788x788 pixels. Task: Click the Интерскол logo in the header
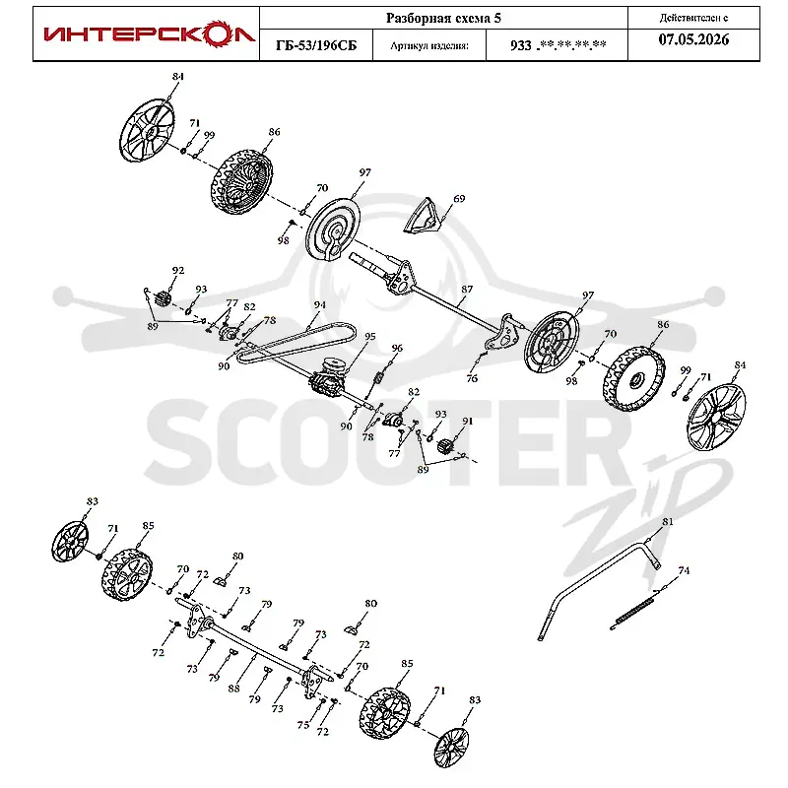point(150,34)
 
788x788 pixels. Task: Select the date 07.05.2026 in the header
point(693,39)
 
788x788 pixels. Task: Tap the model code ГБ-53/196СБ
point(316,45)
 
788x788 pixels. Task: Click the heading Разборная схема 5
point(443,18)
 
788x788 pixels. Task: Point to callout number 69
point(459,199)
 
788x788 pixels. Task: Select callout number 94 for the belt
point(319,304)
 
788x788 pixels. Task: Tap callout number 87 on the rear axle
point(467,289)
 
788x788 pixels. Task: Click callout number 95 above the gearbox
point(370,336)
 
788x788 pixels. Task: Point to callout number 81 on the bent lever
point(668,522)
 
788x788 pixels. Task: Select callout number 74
point(684,570)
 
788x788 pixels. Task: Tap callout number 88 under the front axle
point(233,689)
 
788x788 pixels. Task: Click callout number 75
point(303,725)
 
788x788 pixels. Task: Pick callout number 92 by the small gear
point(178,270)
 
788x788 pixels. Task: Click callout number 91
point(467,421)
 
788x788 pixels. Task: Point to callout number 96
point(397,348)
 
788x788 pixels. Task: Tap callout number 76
point(472,378)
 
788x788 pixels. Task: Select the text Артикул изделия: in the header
point(429,45)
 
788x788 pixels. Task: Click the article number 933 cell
point(558,45)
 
